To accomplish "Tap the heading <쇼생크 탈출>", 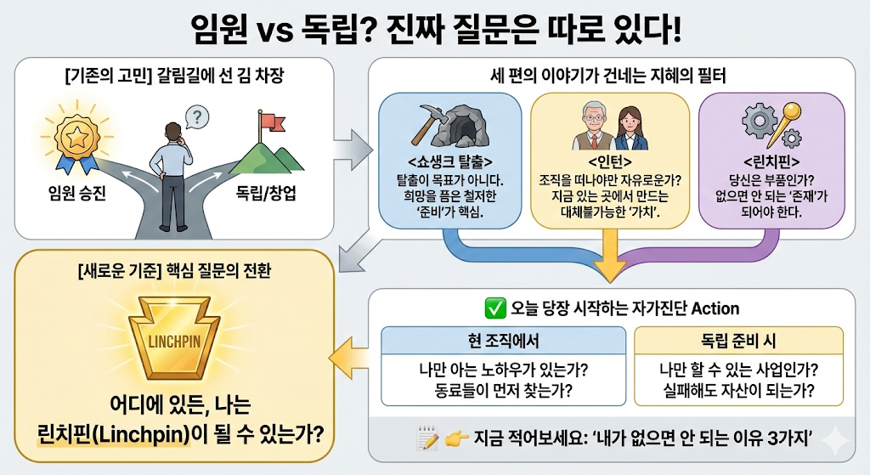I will pyautogui.click(x=449, y=163).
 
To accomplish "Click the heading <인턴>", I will pyautogui.click(x=608, y=163).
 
